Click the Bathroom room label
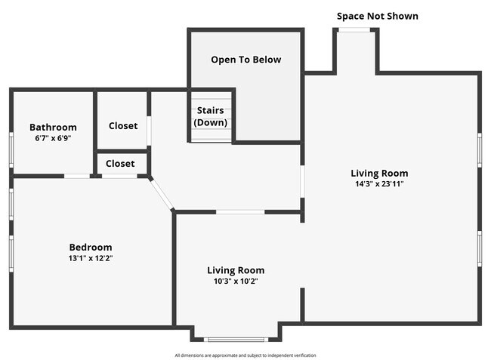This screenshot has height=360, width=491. tap(53, 127)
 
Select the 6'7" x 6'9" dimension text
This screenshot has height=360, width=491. tap(53, 138)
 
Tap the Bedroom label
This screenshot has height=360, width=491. tap(91, 247)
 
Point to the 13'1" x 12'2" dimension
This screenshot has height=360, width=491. tap(91, 258)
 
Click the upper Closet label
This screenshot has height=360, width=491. tap(123, 126)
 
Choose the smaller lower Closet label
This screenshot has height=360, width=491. tap(120, 164)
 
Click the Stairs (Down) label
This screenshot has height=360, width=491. tap(211, 116)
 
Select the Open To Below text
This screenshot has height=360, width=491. tap(246, 60)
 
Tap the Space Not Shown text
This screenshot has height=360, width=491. tap(378, 16)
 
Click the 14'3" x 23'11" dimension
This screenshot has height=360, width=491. tap(379, 183)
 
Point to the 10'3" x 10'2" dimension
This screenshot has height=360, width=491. tap(236, 281)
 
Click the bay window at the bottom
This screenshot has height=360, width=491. tap(236, 340)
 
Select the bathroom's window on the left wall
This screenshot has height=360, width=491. tap(11, 150)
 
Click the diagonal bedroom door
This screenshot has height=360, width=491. tap(162, 194)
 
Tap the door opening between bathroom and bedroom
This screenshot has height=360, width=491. tap(77, 176)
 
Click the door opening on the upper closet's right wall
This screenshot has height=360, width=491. tap(149, 131)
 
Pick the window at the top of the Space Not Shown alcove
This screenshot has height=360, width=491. tap(354, 30)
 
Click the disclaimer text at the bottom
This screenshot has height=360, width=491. tap(246, 355)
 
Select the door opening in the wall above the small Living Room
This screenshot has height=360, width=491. tap(240, 212)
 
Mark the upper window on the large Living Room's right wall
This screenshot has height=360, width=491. tap(480, 150)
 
